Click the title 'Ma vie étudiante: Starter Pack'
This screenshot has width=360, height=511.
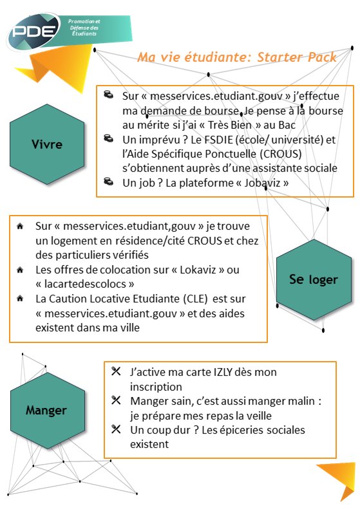[236, 57]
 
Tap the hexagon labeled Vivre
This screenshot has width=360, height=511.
[47, 144]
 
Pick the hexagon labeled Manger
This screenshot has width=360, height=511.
[46, 409]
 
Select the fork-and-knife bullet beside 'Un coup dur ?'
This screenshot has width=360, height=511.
[116, 429]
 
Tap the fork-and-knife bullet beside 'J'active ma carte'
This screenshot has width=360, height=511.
[116, 372]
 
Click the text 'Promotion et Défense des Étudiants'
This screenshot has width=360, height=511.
[83, 26]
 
